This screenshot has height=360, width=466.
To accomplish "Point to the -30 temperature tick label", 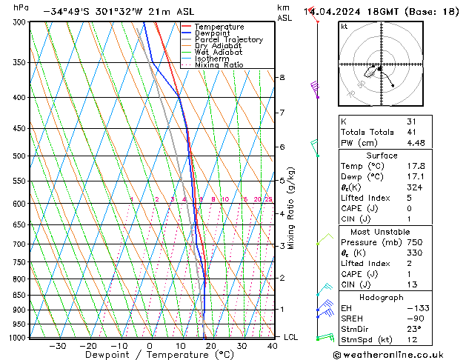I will (x=58, y=346).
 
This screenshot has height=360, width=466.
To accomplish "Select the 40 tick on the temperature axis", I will (x=273, y=346).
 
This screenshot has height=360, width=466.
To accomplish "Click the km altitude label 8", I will (x=282, y=77).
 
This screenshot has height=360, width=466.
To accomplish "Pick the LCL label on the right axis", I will (x=291, y=337).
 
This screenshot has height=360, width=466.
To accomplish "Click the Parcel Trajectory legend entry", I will (x=228, y=40).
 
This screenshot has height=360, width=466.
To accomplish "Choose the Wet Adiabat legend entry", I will (x=219, y=53).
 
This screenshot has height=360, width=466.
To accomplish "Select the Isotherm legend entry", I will (x=214, y=59).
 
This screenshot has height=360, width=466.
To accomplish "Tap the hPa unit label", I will (x=21, y=7).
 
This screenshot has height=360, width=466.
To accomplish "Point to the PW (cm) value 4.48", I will (x=415, y=143).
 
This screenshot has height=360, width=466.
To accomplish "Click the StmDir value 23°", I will (x=413, y=329).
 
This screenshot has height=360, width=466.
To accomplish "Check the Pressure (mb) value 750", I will (x=413, y=242).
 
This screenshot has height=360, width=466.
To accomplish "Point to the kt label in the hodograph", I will (x=344, y=26).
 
